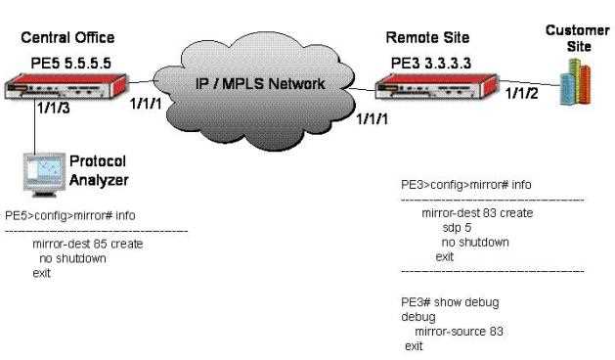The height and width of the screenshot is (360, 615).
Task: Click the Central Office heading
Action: [x=67, y=38]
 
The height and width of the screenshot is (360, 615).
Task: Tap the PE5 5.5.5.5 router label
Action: [x=71, y=63]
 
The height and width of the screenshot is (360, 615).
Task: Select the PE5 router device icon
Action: [x=66, y=86]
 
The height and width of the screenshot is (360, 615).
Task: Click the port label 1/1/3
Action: [x=54, y=108]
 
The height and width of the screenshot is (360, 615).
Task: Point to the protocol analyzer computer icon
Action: [x=44, y=175]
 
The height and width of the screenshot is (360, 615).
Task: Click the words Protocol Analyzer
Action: [x=99, y=170]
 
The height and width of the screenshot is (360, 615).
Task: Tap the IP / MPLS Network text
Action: [x=260, y=83]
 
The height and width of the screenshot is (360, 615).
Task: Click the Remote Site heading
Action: [x=427, y=38]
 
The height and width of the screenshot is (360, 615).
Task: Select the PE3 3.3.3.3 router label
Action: [x=430, y=63]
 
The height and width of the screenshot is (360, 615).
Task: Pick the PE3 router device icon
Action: [x=436, y=86]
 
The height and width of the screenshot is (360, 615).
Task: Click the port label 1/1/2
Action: [x=522, y=94]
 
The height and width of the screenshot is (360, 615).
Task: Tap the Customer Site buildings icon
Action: [x=575, y=82]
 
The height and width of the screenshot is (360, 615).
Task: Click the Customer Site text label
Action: [x=577, y=38]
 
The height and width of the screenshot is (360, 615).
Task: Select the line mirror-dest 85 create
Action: [x=87, y=244]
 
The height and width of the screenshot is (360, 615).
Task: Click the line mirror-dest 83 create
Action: [x=477, y=213]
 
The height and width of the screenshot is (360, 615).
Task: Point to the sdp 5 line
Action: [x=457, y=228]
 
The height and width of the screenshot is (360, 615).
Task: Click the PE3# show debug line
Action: [x=450, y=302]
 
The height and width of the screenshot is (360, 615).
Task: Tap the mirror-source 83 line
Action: [x=459, y=332]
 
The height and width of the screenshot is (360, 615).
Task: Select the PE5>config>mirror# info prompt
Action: [x=70, y=215]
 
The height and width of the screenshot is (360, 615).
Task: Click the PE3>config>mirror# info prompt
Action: [x=466, y=185]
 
